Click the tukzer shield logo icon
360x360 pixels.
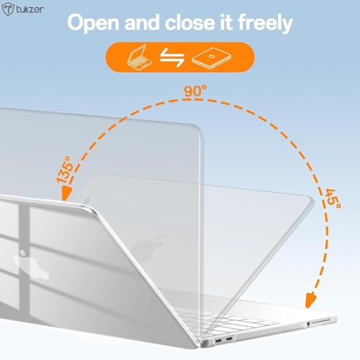[x=9, y=9]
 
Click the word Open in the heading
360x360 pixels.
[x=94, y=23]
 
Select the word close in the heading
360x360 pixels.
[x=190, y=22]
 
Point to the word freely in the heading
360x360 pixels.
[x=265, y=23]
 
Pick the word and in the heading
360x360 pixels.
[x=142, y=22]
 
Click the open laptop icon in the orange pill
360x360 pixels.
[x=139, y=57]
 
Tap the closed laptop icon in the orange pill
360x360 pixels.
[x=212, y=58]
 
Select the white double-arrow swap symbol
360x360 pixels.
[x=172, y=57]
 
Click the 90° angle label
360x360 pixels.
[x=195, y=91]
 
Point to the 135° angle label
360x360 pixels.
[x=64, y=170]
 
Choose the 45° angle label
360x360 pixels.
[x=332, y=199]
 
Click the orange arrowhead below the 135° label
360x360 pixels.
[x=66, y=194]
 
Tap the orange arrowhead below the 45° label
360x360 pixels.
[x=310, y=300]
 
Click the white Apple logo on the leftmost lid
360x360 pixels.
[x=32, y=265]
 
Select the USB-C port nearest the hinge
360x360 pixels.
[x=219, y=341]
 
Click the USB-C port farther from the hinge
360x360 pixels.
[x=229, y=339]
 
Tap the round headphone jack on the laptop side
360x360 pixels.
[x=308, y=324]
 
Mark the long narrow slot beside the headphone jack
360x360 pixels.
[x=321, y=321]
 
